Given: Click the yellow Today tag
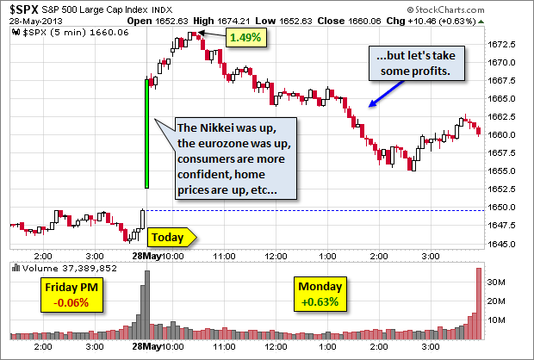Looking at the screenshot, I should click(x=171, y=237).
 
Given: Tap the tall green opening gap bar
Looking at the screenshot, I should click(x=147, y=133).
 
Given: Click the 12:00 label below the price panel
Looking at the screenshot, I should click(x=277, y=256).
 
